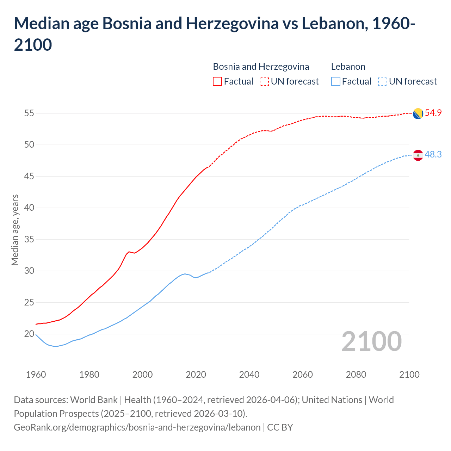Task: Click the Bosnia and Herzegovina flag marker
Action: (418, 113)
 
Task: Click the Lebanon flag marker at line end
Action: (418, 155)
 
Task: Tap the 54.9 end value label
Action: (433, 113)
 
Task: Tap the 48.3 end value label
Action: (433, 155)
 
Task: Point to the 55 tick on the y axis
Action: (29, 113)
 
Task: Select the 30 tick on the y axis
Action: (29, 271)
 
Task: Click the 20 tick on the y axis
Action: (29, 334)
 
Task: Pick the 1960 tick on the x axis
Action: (36, 375)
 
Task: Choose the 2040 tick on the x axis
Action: (249, 375)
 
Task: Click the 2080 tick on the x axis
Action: (356, 375)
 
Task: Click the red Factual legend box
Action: (217, 81)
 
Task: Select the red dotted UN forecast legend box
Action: (264, 81)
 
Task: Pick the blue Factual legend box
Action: (336, 81)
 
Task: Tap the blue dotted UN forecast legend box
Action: (382, 81)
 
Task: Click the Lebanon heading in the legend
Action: (348, 67)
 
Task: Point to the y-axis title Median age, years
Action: (15, 230)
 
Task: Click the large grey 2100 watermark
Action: (371, 341)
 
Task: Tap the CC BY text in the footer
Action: (280, 427)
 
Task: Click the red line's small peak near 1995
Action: (129, 252)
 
